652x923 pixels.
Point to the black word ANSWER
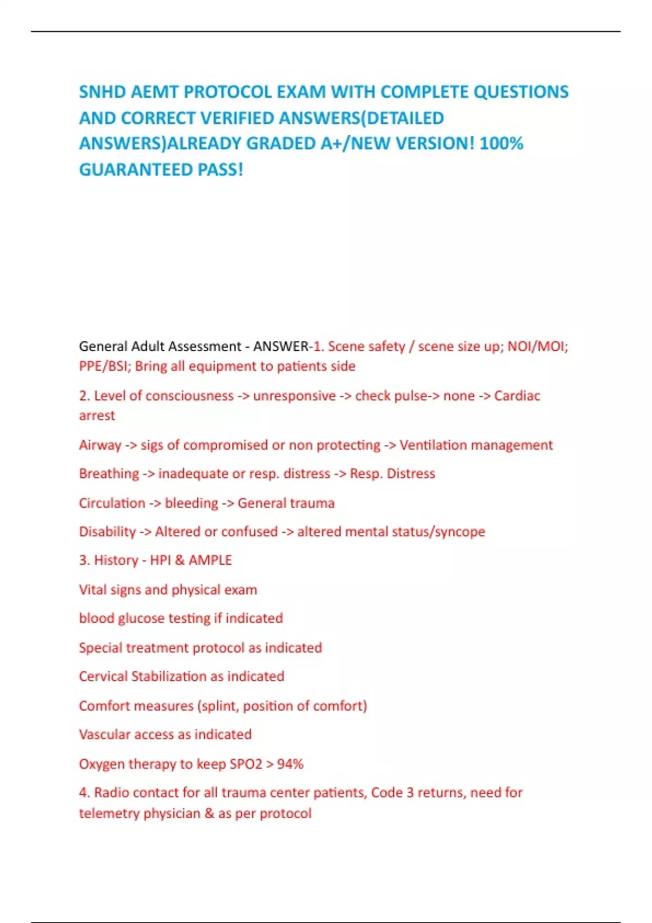(x=281, y=346)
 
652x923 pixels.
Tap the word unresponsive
(x=294, y=396)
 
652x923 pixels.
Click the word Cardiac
(x=517, y=396)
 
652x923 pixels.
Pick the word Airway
(x=100, y=445)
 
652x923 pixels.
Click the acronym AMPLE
(x=210, y=560)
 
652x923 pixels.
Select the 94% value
(x=290, y=764)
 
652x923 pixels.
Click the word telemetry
(x=109, y=813)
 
